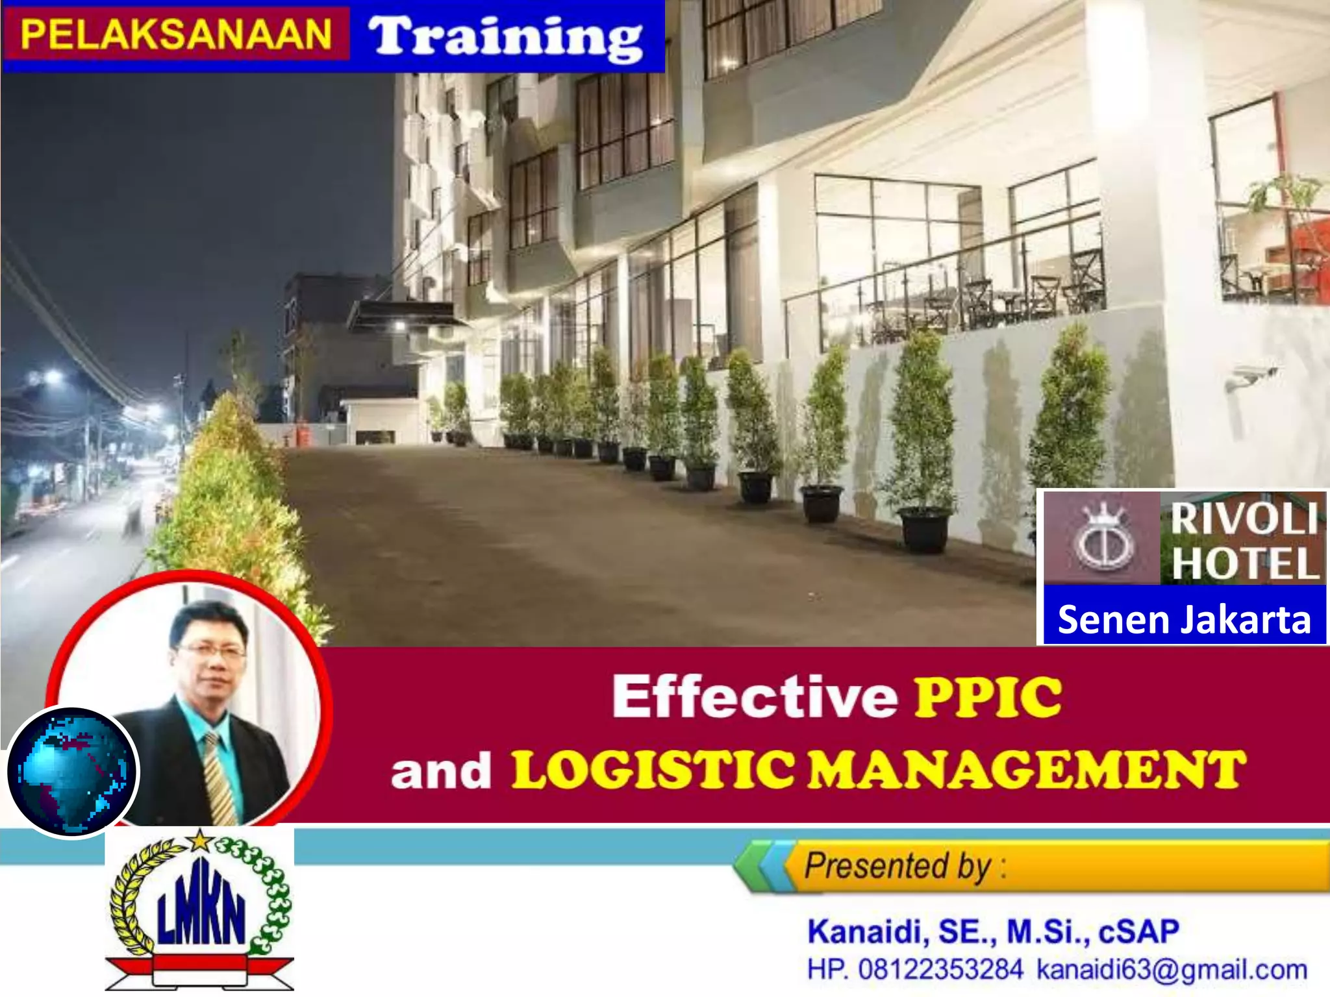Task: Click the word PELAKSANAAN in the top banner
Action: tap(176, 34)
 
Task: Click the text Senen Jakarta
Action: tap(1184, 619)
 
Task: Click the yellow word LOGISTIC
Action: tap(652, 770)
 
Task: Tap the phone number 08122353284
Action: tap(940, 970)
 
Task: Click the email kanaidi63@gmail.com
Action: tap(1172, 970)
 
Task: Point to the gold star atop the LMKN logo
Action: tap(200, 841)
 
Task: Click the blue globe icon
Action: tap(72, 772)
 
